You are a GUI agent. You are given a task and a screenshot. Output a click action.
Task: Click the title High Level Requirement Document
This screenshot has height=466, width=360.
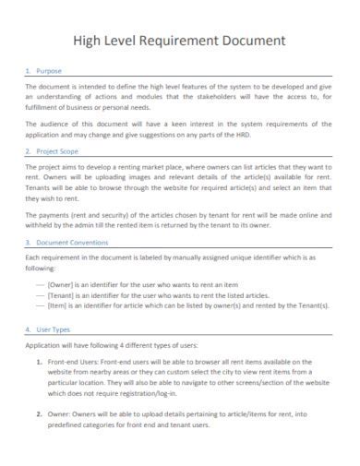180,41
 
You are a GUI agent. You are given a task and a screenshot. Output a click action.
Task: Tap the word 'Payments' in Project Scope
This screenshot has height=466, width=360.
54,213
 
